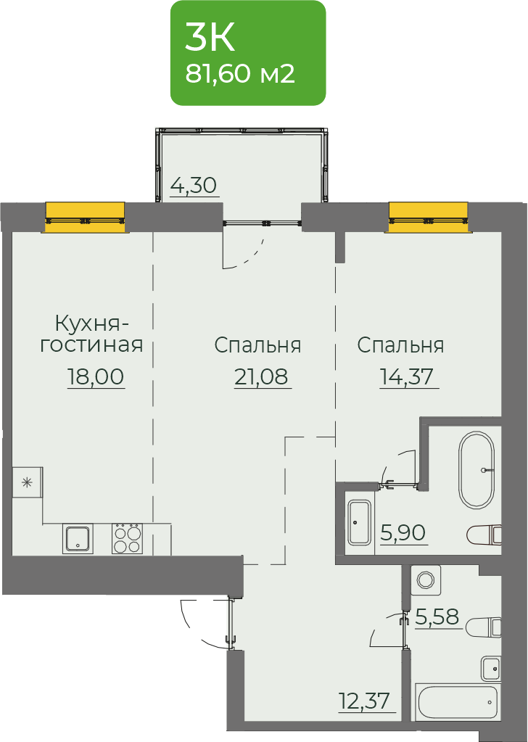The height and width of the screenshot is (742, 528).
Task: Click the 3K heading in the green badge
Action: pos(210,38)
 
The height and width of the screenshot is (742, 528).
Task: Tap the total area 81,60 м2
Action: pos(240,73)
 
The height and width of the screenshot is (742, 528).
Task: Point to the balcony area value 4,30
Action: pos(194,185)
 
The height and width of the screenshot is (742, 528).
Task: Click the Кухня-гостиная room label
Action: pos(91,335)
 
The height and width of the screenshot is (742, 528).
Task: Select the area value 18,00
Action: pos(96,376)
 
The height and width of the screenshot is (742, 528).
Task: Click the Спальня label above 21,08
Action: pos(257,345)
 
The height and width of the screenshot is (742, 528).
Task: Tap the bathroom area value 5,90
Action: pos(403,533)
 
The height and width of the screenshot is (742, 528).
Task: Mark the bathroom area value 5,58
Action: pos(437,617)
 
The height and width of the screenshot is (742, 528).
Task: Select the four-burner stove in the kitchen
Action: pos(127,538)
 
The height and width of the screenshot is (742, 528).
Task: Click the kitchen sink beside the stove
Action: pos(78,539)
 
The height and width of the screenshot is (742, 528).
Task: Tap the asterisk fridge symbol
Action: pos(27,482)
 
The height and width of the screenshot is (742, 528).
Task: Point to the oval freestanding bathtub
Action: pos(477,470)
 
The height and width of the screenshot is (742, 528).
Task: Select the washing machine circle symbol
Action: pos(426,580)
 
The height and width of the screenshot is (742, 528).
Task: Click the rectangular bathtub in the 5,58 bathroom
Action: pos(458,702)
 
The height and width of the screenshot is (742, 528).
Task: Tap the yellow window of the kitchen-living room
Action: pos(85,218)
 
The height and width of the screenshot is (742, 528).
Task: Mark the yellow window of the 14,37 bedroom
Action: pos(429,218)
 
